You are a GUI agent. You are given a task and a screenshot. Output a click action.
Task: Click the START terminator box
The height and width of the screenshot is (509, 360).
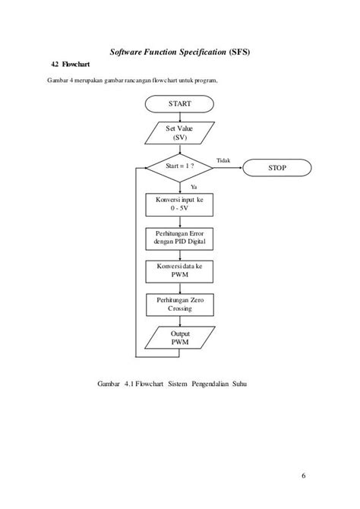pyautogui.click(x=180, y=103)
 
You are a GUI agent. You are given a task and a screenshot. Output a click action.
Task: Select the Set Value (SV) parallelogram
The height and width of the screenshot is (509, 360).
pyautogui.click(x=180, y=133)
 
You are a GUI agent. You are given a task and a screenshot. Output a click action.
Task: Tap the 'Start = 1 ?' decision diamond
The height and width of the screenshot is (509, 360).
pyautogui.click(x=180, y=166)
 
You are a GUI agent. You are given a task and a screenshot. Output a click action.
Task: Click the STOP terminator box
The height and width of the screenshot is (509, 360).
pyautogui.click(x=277, y=167)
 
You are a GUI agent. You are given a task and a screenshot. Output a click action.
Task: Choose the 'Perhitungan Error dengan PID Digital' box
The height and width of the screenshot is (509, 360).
pyautogui.click(x=180, y=238)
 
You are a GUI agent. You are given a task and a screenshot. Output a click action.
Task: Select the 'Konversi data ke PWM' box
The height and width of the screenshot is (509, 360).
pyautogui.click(x=180, y=271)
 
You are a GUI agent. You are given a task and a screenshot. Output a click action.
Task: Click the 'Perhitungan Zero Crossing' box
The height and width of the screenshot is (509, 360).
pyautogui.click(x=180, y=305)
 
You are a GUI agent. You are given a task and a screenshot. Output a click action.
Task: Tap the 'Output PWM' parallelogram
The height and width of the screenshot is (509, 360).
pyautogui.click(x=180, y=338)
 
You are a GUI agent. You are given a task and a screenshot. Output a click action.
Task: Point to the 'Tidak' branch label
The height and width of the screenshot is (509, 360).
pyautogui.click(x=223, y=160)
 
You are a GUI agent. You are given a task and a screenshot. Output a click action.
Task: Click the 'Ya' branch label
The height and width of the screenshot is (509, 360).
pyautogui.click(x=194, y=185)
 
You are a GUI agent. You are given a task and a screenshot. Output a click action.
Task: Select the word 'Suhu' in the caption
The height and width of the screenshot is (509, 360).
pyautogui.click(x=239, y=383)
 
